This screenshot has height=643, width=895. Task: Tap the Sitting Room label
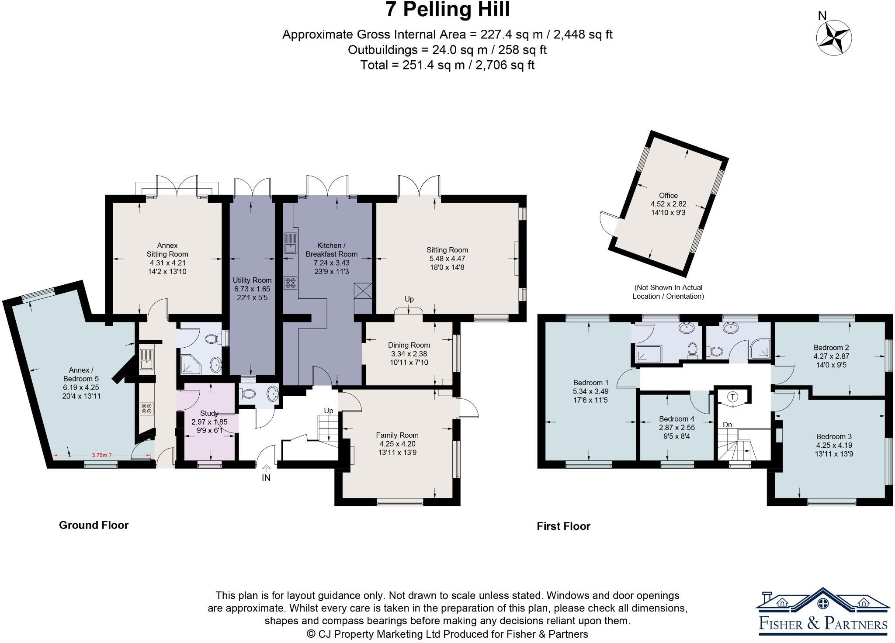coord(447,250)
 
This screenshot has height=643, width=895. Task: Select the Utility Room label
coord(252,280)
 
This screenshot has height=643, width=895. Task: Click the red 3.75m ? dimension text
coord(99,455)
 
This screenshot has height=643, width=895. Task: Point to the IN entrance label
coord(266,478)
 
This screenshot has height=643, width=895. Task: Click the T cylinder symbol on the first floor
coord(732,397)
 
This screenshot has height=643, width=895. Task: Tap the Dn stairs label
coord(727,425)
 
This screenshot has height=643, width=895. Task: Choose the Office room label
coord(668,195)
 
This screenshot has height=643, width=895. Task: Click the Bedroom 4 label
coord(676,419)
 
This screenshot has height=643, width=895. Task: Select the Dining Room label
coord(409,345)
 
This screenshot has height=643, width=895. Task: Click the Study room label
coord(209,413)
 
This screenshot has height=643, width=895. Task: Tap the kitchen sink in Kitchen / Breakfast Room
coord(290,243)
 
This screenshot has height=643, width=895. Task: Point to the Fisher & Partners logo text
coord(823,623)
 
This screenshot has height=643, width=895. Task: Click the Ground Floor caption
coord(94,525)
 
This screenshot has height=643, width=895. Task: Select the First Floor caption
coord(563,526)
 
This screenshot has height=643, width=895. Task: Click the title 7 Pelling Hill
coord(447,10)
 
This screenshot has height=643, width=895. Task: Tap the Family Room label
coord(397,435)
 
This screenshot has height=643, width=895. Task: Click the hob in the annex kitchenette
coord(146,408)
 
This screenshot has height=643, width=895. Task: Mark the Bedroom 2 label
coord(831,348)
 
